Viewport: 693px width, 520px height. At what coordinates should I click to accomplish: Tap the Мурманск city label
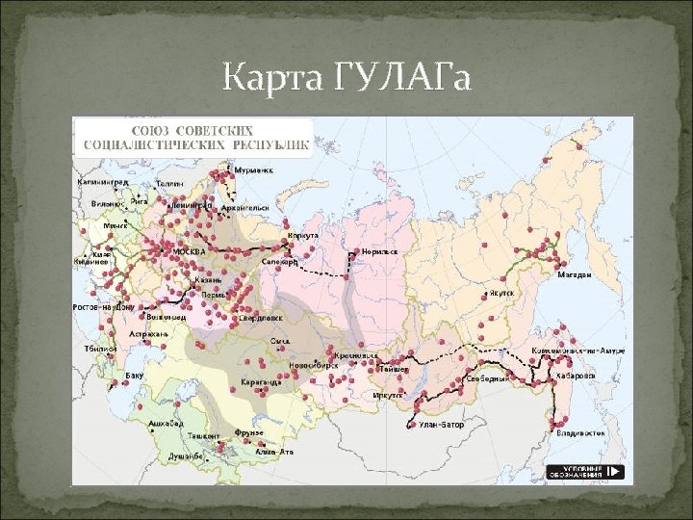coord(253,170)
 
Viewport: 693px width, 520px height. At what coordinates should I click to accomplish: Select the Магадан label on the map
coord(574,274)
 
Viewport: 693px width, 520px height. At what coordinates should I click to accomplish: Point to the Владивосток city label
coord(579,433)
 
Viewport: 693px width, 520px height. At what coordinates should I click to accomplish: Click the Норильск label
coord(378,250)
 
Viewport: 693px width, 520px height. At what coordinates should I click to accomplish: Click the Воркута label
coord(302,235)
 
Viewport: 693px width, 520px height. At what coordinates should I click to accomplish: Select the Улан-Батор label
coord(442,424)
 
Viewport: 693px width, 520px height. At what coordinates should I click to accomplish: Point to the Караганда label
coord(262,382)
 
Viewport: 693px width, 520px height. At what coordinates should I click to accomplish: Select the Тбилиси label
coord(100,348)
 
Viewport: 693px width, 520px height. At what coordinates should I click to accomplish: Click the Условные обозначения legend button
coord(585,472)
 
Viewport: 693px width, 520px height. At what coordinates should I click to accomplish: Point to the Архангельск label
coord(246,206)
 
